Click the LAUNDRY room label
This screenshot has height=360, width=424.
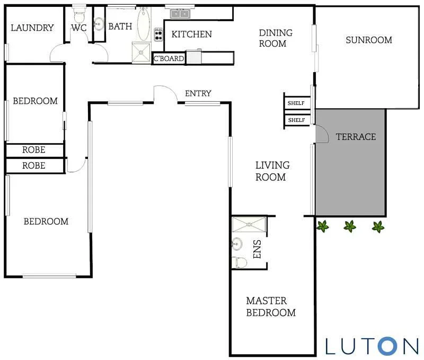32,28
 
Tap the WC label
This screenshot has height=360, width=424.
79,28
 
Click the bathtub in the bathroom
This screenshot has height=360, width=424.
143,24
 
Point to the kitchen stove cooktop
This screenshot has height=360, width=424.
158,35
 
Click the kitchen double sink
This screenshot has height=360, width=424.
181,13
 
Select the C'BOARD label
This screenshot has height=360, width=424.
169,59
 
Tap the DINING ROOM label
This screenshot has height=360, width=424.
276,38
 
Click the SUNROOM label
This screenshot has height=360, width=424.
368,40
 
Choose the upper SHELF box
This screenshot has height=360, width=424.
297,103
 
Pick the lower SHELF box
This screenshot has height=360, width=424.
297,120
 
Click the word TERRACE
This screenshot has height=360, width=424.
356,137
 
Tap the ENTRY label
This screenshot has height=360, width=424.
198,93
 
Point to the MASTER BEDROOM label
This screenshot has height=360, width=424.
270,306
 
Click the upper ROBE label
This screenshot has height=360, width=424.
33,150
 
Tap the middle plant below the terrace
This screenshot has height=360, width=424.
350,226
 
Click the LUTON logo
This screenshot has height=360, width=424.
372,345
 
